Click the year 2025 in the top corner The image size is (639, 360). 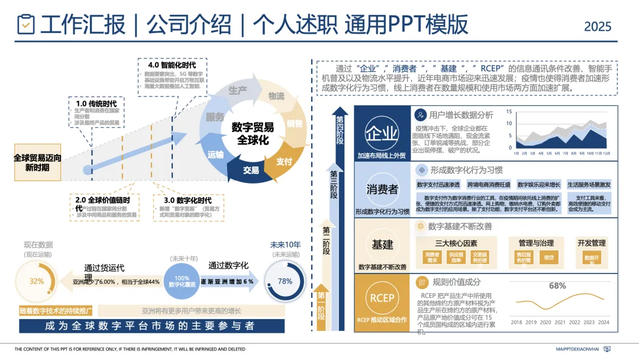pyautogui.click(x=598, y=27)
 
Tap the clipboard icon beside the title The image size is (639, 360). pyautogui.click(x=26, y=24)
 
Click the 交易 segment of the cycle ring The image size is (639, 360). pyautogui.click(x=251, y=170)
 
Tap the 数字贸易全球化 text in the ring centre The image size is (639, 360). pyautogui.click(x=253, y=133)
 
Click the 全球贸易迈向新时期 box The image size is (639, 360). pyautogui.click(x=37, y=163)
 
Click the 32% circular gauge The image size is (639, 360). pyautogui.click(x=37, y=281)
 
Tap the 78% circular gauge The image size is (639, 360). pyautogui.click(x=285, y=281)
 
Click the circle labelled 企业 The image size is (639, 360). pyautogui.click(x=382, y=132)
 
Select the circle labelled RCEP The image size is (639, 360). pyautogui.click(x=382, y=298)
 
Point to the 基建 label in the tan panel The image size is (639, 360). pyautogui.click(x=382, y=244)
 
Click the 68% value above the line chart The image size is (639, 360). pyautogui.click(x=557, y=285)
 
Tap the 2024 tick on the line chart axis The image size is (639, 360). pyautogui.click(x=603, y=322)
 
